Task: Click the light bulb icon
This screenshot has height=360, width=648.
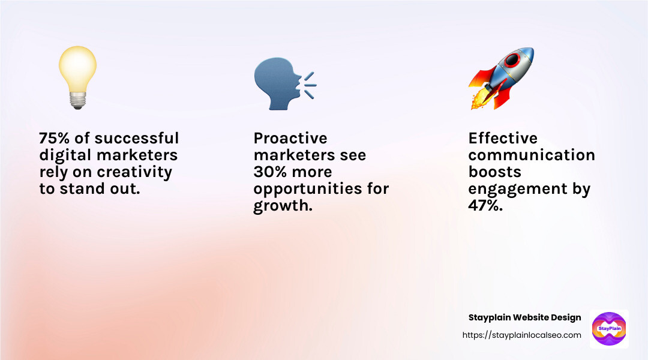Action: pyautogui.click(x=77, y=77)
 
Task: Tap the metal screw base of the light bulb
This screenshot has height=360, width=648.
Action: pyautogui.click(x=77, y=100)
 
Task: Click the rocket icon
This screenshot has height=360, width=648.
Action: pyautogui.click(x=501, y=78)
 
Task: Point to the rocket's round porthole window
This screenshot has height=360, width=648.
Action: pyautogui.click(x=512, y=61)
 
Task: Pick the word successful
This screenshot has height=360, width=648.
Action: pyautogui.click(x=137, y=138)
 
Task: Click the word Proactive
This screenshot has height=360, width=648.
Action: pyautogui.click(x=290, y=138)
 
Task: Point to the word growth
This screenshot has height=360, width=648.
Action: pyautogui.click(x=283, y=206)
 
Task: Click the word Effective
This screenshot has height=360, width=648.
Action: pyautogui.click(x=503, y=138)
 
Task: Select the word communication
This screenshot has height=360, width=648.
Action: pyautogui.click(x=532, y=155)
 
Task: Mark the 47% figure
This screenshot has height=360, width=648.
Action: pyautogui.click(x=485, y=205)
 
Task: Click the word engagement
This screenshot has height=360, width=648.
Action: pyautogui.click(x=518, y=189)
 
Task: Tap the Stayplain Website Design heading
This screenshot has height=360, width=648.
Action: pyautogui.click(x=525, y=317)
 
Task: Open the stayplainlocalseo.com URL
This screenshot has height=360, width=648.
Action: pyautogui.click(x=522, y=335)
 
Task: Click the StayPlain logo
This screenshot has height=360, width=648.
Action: pyautogui.click(x=609, y=329)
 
